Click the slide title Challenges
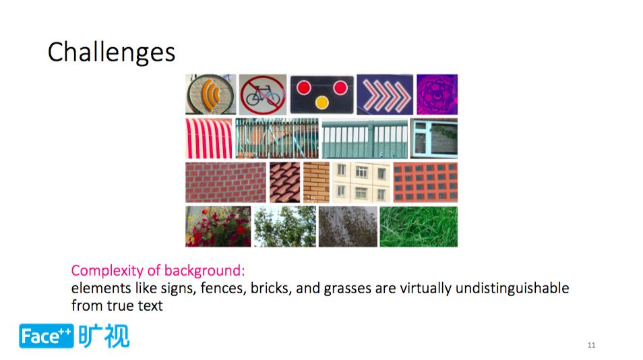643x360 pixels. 111,53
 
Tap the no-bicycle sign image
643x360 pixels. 263,94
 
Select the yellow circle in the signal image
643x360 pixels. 322,102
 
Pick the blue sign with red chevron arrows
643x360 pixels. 385,94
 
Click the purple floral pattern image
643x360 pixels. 437,94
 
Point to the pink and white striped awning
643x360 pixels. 209,139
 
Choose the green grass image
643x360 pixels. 419,227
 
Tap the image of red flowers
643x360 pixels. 218,227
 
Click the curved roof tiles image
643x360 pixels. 285,183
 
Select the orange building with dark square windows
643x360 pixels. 425,183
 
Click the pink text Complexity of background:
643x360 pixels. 158,270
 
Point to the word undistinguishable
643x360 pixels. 512,289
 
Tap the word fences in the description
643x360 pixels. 223,289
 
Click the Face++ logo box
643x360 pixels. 47,336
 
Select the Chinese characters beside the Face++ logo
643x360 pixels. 104,336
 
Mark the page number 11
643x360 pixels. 591,345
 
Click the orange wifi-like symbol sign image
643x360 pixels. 211,94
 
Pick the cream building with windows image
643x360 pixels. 361,183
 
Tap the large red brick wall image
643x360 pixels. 226,183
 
